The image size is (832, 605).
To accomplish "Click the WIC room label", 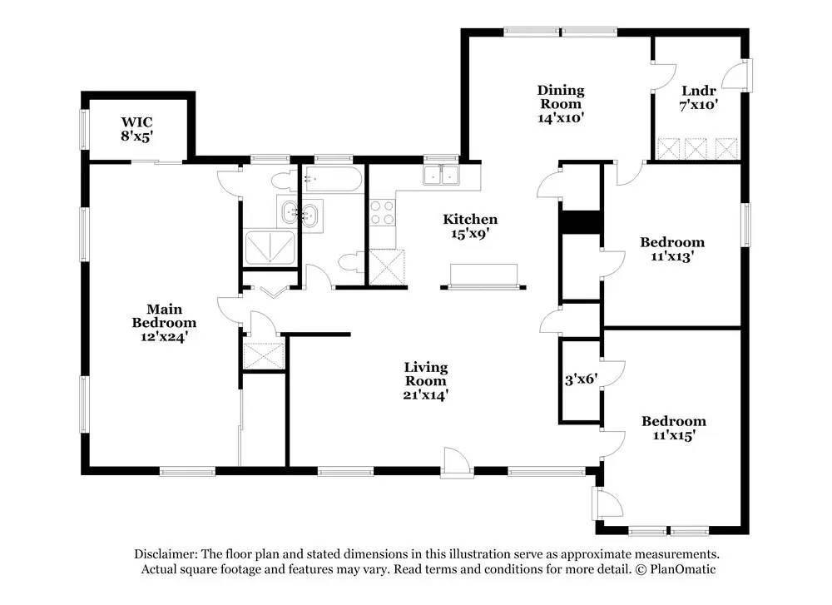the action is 137,122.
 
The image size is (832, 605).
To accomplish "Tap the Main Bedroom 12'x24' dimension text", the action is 165,336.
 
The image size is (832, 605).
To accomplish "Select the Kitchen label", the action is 470,219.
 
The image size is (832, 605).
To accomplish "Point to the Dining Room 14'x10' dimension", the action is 561,118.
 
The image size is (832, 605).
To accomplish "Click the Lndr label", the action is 699,91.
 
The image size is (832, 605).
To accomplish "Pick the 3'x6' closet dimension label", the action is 581,379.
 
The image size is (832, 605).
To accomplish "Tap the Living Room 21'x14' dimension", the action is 425,394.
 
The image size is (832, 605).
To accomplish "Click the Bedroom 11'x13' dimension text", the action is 672,256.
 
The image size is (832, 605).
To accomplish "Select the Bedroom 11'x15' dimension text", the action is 674,435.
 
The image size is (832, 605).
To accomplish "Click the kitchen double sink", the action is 441,175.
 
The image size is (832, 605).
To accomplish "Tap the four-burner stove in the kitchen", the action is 383,212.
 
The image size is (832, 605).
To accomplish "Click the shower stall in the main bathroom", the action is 270,247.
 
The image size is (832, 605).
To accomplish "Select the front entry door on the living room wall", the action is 456,464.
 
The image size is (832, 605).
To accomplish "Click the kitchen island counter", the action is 483,275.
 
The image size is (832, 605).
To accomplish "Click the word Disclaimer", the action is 166,554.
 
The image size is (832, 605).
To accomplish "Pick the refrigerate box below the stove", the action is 387,267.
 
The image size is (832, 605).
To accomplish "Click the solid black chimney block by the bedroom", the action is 581,222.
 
